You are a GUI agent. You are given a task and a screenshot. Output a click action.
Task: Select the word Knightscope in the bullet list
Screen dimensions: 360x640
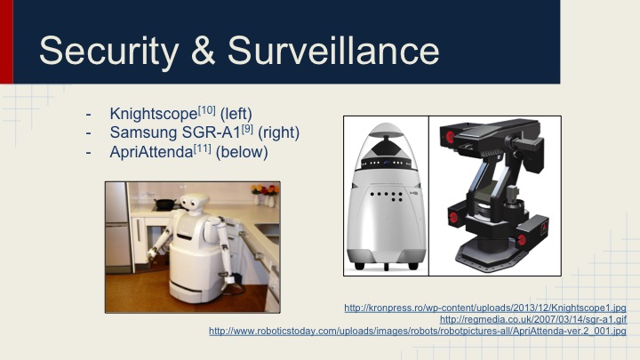point(149,115)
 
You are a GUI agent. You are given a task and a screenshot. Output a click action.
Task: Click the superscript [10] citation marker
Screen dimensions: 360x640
point(198,110)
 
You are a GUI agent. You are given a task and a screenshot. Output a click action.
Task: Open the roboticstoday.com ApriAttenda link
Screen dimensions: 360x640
point(417,331)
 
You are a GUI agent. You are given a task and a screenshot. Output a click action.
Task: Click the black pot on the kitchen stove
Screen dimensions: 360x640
point(164,204)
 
